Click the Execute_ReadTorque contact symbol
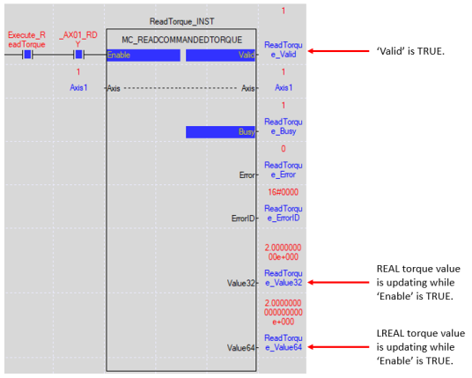point(27,55)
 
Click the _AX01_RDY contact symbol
point(78,55)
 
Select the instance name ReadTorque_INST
point(181,21)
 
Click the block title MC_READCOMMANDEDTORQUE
point(181,40)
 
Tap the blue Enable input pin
point(144,56)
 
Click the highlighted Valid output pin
point(220,56)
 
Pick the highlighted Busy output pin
point(220,132)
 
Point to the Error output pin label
point(247,175)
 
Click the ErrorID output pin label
point(243,219)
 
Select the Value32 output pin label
point(240,283)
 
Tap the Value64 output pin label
point(240,348)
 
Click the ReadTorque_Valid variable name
point(284,49)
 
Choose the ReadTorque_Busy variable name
point(284,127)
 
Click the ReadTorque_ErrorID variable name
point(284,213)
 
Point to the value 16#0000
point(283,192)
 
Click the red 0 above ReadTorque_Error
point(284,149)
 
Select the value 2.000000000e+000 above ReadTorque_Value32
point(283,252)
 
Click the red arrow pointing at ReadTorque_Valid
point(338,51)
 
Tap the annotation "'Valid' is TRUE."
point(410,51)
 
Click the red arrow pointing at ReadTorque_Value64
point(338,347)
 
